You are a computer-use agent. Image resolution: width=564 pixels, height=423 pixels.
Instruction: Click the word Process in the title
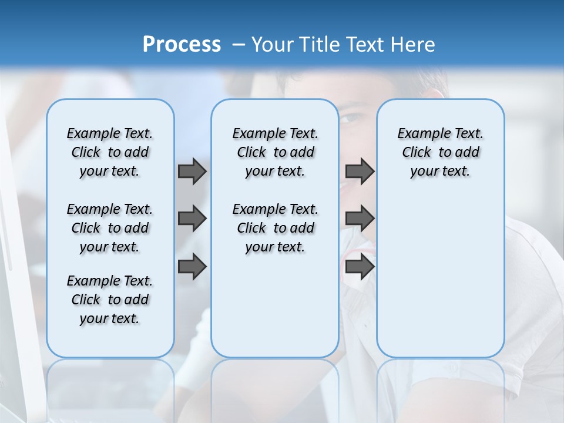tap(182, 45)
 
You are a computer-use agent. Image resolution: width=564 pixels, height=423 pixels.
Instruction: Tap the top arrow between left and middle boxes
tap(192, 171)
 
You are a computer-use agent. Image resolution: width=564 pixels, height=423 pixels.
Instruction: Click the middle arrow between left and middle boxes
tap(192, 219)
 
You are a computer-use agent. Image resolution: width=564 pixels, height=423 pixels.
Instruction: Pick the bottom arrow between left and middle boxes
tap(192, 267)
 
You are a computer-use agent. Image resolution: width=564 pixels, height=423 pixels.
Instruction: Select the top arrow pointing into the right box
tap(360, 171)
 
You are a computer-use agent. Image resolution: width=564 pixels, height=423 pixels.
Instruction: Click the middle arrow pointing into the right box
tap(360, 219)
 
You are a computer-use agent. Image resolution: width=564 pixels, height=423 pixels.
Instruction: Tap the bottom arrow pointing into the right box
tap(360, 267)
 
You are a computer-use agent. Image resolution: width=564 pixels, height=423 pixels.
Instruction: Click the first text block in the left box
tap(110, 152)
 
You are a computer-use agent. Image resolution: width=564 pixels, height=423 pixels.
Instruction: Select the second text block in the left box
tap(110, 228)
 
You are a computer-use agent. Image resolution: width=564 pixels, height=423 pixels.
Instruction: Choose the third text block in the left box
tap(110, 300)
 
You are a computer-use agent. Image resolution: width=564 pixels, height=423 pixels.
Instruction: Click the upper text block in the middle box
tap(275, 152)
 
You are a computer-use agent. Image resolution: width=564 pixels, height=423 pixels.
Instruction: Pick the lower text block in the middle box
tap(275, 228)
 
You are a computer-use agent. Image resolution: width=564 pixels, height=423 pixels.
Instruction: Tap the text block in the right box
tap(440, 152)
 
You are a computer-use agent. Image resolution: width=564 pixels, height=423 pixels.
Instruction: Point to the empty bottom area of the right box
tap(440, 282)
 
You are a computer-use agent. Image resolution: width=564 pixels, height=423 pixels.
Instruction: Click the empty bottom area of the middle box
tap(275, 305)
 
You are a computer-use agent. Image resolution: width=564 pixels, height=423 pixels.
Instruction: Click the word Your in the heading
tap(272, 45)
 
